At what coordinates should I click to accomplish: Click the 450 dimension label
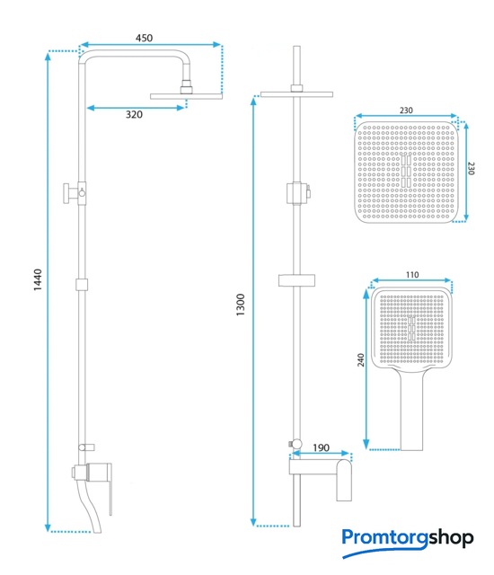(x=144, y=38)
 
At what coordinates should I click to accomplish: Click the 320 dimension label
(x=134, y=115)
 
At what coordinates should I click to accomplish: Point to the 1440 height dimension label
(x=38, y=280)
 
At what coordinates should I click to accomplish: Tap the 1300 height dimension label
(x=240, y=305)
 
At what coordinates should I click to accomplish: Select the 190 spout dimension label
(x=321, y=447)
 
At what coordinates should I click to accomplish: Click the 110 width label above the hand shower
(x=412, y=275)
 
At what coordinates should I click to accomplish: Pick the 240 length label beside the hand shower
(x=360, y=359)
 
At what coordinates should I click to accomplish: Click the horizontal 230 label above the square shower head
(x=406, y=110)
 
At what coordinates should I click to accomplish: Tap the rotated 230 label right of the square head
(x=471, y=168)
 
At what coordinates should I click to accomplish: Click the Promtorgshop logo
(x=408, y=542)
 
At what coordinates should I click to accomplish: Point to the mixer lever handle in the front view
(x=345, y=480)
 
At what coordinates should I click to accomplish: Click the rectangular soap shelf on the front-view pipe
(x=296, y=280)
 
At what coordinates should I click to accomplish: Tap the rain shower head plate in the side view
(x=186, y=96)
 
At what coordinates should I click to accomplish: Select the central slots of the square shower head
(x=406, y=172)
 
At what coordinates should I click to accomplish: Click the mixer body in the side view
(x=93, y=472)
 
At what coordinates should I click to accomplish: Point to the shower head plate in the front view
(x=296, y=94)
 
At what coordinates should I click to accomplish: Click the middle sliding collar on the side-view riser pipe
(x=82, y=285)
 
